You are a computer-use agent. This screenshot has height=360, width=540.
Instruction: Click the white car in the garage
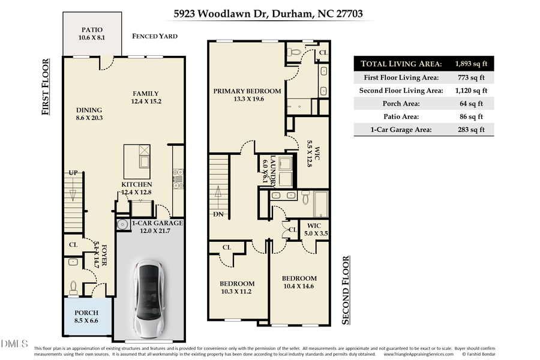pos(148,298)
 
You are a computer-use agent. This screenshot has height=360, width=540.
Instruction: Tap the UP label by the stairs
pos(73,173)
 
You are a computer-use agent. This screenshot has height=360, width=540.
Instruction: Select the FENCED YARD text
pos(155,37)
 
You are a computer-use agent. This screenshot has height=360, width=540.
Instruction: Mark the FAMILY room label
pos(146,97)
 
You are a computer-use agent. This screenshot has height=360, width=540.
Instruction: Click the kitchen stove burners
pos(178,176)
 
